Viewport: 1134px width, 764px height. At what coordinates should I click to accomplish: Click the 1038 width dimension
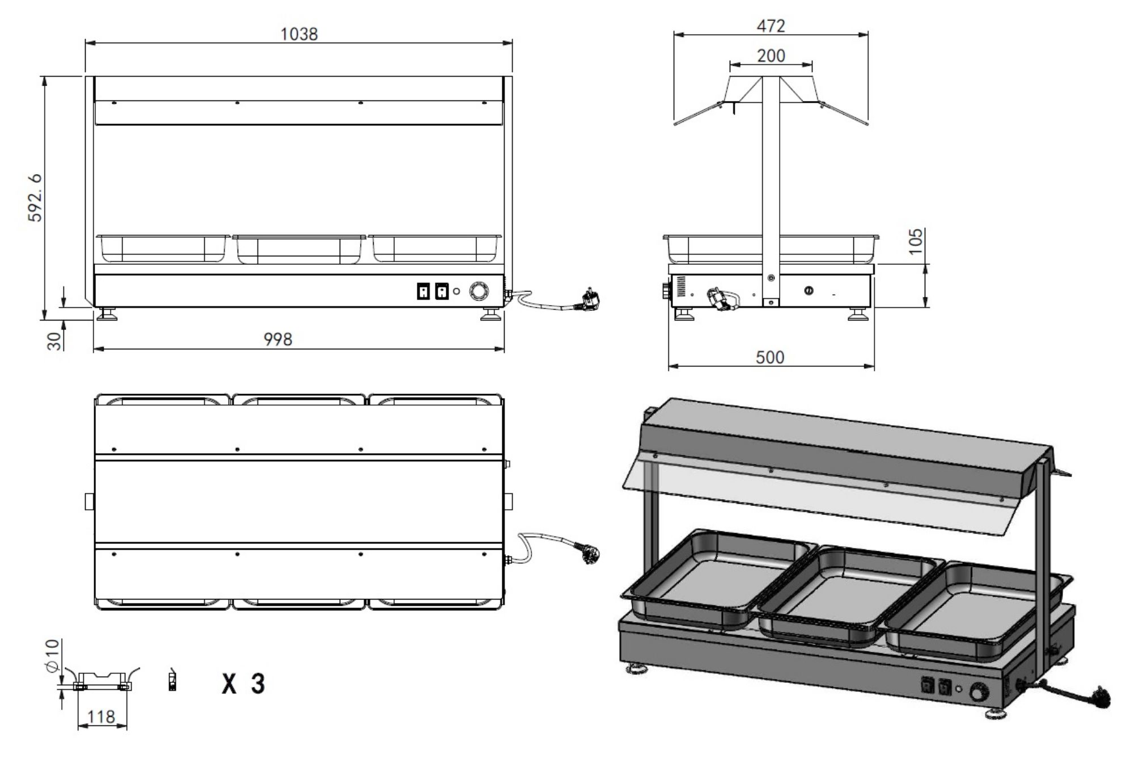coord(299,34)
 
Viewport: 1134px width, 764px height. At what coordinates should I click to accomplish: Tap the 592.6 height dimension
coord(35,197)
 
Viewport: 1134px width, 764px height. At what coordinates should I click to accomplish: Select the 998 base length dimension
coord(278,339)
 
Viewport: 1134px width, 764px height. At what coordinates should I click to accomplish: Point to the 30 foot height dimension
coord(54,341)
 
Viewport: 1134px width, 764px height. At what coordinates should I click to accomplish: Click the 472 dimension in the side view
coord(771,26)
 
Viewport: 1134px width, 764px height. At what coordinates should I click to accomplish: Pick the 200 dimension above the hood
coord(771,56)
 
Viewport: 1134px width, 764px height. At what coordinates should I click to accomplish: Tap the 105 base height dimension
coord(915,241)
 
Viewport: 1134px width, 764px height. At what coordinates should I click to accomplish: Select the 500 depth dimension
coord(769,357)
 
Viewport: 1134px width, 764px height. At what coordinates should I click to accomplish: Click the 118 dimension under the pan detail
coord(101,717)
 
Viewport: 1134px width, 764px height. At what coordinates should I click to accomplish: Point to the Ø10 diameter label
coord(52,656)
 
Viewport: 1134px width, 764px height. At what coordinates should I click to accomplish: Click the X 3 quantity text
coord(243,683)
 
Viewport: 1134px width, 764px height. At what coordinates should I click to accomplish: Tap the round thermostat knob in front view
coord(478,292)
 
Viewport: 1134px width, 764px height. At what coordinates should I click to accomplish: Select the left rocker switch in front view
coord(423,292)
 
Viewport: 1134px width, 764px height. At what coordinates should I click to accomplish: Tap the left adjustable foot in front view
coord(107,314)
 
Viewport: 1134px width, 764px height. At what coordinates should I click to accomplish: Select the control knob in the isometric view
coord(979,693)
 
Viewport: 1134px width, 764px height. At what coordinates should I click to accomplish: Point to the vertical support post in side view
coord(770,187)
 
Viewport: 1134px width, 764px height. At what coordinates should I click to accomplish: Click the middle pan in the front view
coord(299,250)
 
